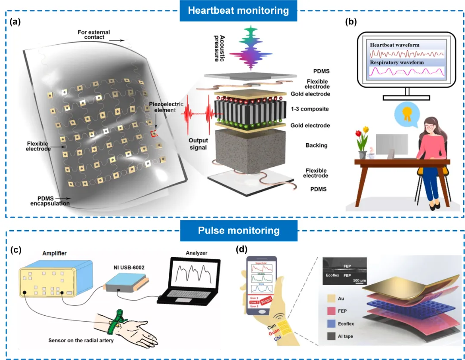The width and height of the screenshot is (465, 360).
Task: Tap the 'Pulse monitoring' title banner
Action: [x=238, y=231]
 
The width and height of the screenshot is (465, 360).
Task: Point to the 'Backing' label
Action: [x=317, y=145]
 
